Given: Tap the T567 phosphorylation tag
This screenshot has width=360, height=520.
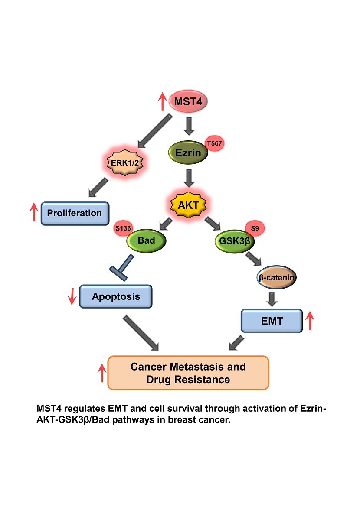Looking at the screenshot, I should [x=215, y=144].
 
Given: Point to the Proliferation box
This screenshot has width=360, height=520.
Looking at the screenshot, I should [x=75, y=213].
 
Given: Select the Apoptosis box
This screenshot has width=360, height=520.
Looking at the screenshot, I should [x=116, y=296].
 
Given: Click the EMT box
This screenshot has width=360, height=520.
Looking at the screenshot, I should [x=271, y=321].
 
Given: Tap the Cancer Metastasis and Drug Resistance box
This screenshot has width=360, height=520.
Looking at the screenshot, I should [x=188, y=373].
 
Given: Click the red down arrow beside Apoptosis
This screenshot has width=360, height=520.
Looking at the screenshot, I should [x=73, y=296].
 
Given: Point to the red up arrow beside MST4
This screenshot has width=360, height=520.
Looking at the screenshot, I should [x=162, y=102].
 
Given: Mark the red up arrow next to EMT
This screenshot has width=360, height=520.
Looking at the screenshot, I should [x=309, y=321].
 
